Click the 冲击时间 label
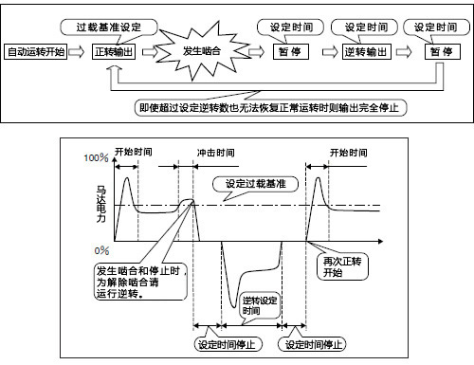coord(214,153)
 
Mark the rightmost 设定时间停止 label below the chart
coord(317,344)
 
